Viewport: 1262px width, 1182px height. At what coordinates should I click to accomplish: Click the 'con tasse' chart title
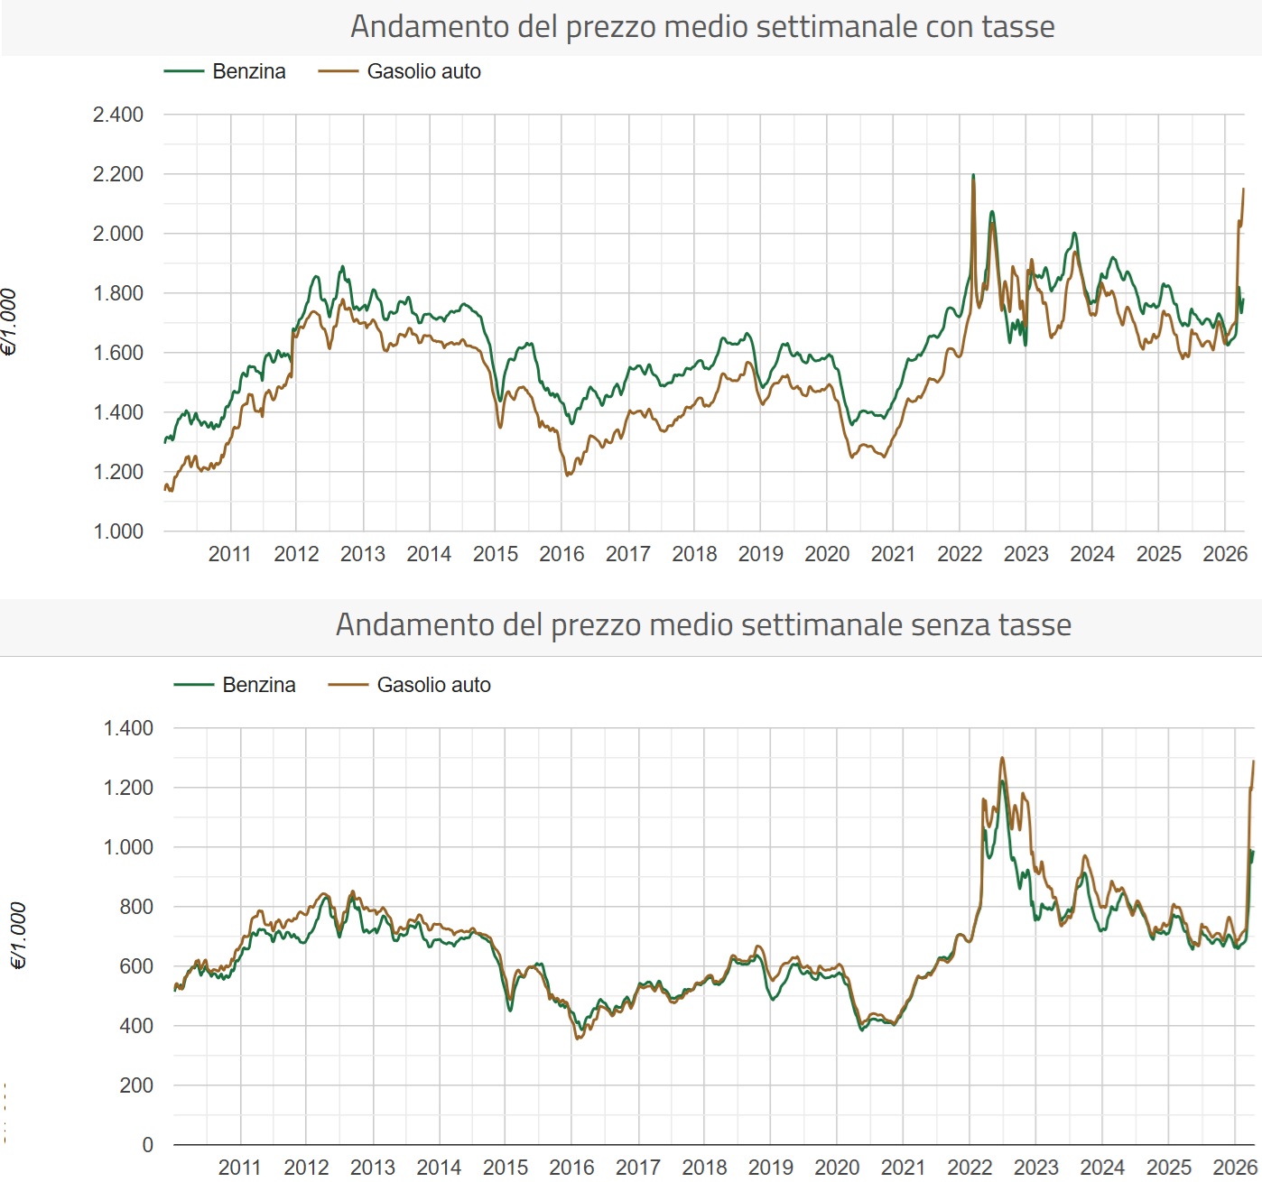702,27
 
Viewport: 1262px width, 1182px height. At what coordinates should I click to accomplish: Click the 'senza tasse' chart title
703,624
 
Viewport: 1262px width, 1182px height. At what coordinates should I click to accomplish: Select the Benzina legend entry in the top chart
226,71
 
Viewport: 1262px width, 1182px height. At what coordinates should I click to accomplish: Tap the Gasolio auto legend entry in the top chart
400,71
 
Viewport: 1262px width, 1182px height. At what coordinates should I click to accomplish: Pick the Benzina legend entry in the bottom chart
236,685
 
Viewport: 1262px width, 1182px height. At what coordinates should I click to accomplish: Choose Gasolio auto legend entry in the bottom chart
410,685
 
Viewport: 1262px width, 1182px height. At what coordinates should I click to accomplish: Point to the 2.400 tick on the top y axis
118,115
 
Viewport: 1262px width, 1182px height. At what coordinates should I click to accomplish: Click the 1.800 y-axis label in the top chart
118,293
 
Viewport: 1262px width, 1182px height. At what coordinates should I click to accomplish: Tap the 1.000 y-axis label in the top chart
118,531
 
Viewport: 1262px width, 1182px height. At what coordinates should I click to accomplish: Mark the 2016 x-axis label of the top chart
561,554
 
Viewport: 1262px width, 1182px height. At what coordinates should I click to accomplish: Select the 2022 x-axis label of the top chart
960,554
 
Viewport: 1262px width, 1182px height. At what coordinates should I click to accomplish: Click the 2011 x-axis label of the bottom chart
240,1168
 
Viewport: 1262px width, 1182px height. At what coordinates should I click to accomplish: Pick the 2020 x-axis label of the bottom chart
837,1168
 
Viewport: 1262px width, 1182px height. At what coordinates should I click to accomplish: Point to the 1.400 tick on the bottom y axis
128,728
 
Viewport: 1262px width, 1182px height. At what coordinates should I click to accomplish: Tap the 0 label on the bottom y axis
148,1145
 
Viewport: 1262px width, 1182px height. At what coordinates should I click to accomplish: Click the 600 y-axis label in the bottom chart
136,966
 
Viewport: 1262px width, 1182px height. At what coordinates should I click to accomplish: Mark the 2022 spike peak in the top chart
972,175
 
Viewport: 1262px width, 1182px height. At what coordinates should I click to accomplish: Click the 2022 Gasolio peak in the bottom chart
1002,758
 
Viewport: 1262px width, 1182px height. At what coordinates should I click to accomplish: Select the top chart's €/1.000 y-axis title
9,322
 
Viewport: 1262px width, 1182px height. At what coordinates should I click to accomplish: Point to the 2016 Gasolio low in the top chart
567,475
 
